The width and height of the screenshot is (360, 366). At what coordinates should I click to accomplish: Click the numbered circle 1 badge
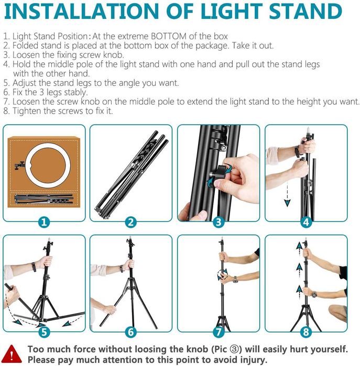coord(44,222)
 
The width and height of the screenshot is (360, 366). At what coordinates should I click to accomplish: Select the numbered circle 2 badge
coord(131,222)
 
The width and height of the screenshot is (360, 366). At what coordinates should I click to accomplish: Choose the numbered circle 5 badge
coord(44,332)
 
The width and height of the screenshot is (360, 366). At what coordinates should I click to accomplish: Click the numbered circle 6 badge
coord(131,332)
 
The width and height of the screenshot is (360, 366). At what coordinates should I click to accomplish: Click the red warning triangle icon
coord(14,354)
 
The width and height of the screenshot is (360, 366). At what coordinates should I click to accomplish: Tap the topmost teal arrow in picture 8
coord(299,245)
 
